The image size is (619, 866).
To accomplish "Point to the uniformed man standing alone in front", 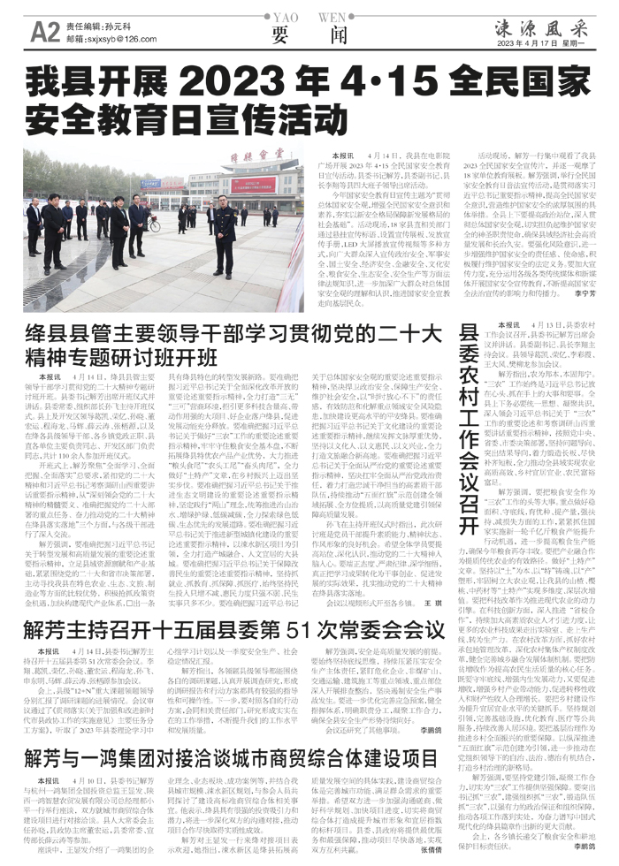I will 225,234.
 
